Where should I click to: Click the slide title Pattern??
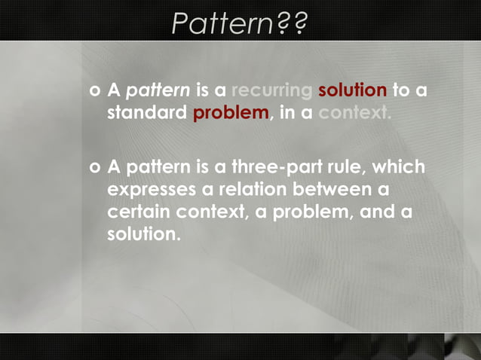(239, 23)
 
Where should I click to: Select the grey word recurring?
(271, 91)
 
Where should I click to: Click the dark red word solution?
(352, 91)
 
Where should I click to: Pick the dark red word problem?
(231, 114)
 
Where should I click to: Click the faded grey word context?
(354, 114)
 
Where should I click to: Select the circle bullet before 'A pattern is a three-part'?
(94, 166)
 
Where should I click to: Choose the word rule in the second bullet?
(357, 166)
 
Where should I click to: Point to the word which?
(404, 166)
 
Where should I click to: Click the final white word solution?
(143, 234)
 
